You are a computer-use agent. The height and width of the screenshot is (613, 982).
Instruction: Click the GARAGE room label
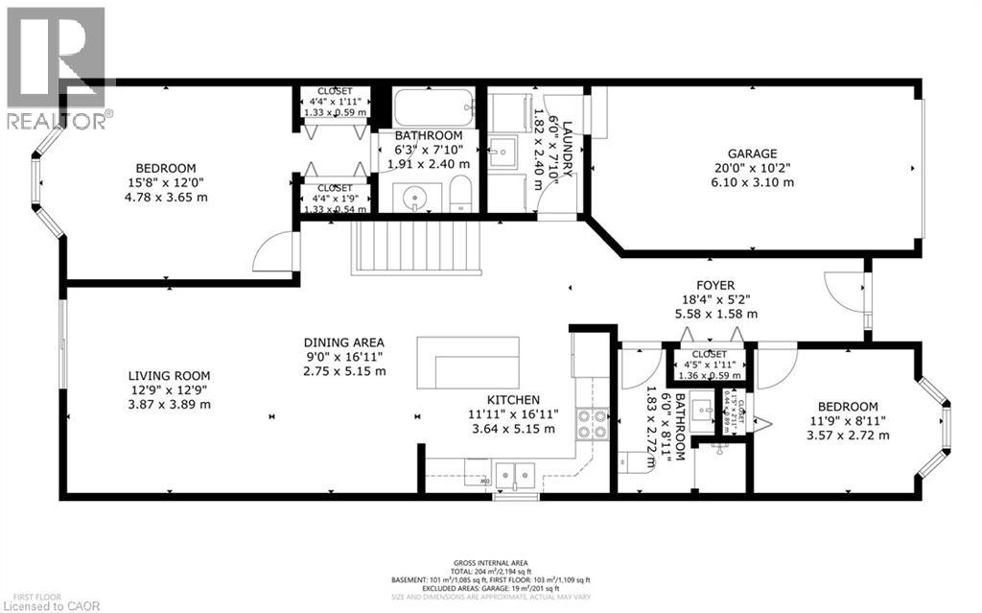pyautogui.click(x=752, y=153)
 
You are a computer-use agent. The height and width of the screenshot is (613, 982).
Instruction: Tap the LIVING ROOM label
pyautogui.click(x=170, y=376)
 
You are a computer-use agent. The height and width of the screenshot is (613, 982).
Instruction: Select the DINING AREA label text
pyautogui.click(x=343, y=342)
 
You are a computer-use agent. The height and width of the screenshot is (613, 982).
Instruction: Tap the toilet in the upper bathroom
pyautogui.click(x=461, y=193)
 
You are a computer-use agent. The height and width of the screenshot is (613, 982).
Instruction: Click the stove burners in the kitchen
pyautogui.click(x=592, y=424)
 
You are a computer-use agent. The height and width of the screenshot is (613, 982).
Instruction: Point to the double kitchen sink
pyautogui.click(x=514, y=472)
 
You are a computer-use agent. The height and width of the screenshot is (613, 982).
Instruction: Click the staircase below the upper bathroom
pyautogui.click(x=416, y=247)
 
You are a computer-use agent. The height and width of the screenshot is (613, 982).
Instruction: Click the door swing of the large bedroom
pyautogui.click(x=273, y=253)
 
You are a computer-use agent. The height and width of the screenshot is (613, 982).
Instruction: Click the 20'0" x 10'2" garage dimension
pyautogui.click(x=752, y=168)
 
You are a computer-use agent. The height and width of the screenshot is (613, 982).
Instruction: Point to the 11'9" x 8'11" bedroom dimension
pyautogui.click(x=847, y=420)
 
